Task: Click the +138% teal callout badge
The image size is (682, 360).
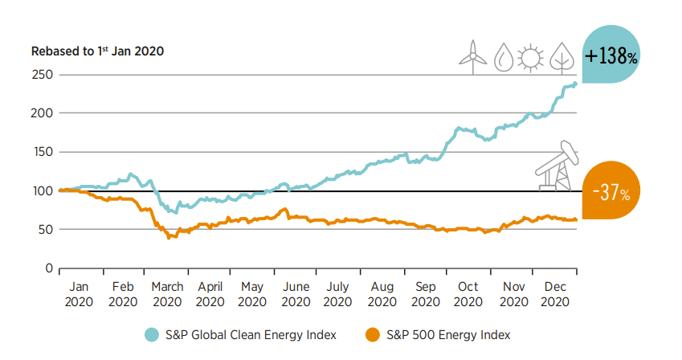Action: point(612,57)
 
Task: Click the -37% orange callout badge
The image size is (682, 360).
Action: point(612,192)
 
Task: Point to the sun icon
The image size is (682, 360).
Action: point(530,57)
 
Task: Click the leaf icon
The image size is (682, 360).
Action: point(561,56)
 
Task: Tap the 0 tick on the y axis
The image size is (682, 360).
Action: point(48,268)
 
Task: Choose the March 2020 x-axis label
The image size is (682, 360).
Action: point(167,294)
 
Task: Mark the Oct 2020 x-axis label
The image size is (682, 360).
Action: point(468,294)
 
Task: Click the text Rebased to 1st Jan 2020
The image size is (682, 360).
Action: point(97,51)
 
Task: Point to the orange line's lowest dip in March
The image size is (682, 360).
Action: point(169,238)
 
